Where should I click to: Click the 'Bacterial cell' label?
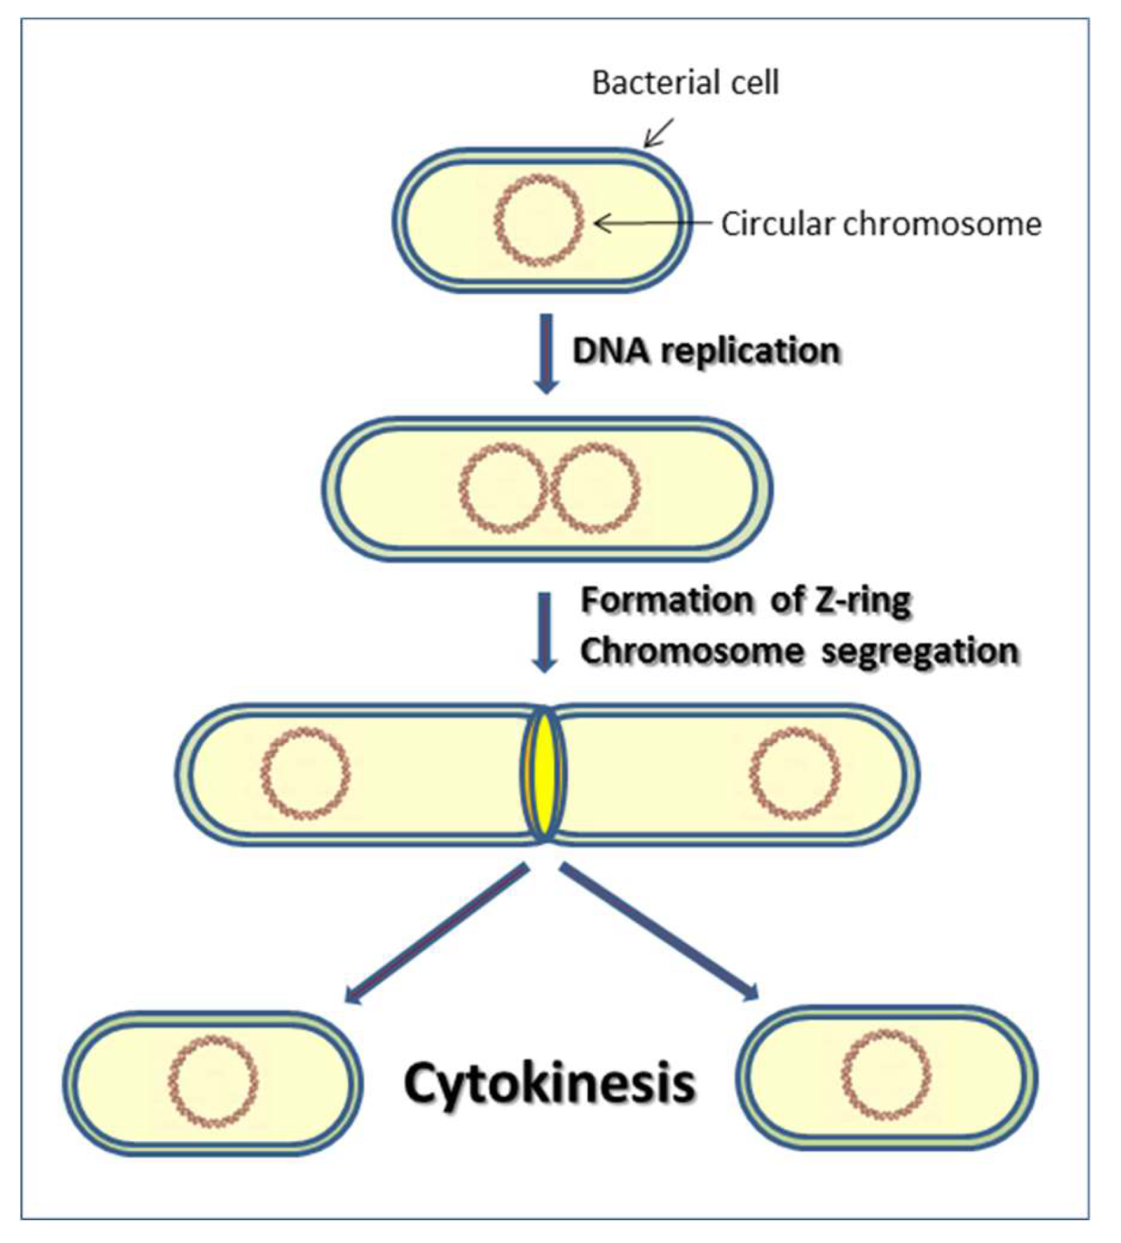point(685,83)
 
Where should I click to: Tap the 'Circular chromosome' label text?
point(881,224)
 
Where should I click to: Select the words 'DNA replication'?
point(706,351)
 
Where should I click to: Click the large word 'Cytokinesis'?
point(550,1083)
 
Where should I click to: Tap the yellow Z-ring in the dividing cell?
point(544,774)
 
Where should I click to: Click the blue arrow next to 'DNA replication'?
point(546,353)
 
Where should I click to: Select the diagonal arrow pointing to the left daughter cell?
point(439,933)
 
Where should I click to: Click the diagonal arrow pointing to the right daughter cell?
point(658,931)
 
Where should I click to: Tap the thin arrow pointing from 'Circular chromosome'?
point(652,223)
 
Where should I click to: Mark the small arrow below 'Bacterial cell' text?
point(659,133)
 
